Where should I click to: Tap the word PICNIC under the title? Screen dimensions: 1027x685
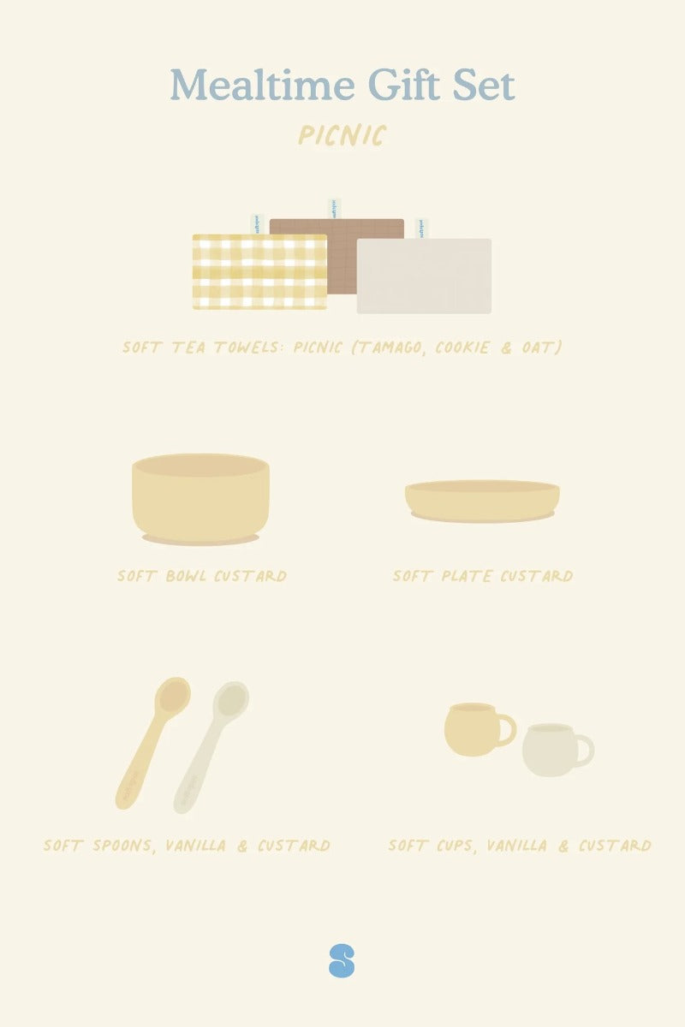point(342,135)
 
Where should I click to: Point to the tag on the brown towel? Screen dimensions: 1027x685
point(330,209)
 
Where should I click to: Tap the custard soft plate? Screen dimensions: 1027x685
point(482,501)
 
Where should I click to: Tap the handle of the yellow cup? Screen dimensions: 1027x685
point(507,730)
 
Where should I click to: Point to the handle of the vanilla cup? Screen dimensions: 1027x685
point(585,751)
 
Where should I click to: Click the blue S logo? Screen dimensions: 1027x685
point(342,960)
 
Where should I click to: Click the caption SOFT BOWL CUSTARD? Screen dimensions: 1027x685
point(202,575)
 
